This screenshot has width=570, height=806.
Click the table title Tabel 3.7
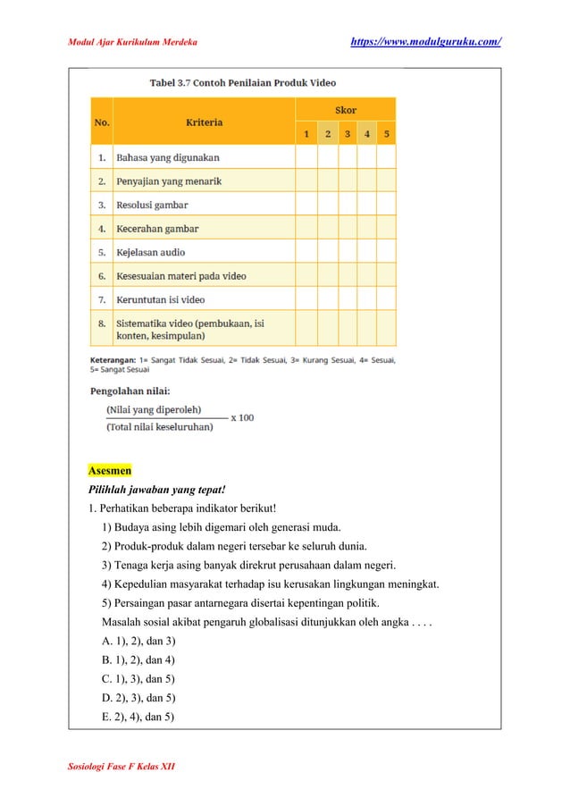tap(241, 83)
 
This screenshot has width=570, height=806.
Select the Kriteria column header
tap(204, 122)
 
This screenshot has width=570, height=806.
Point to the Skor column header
tap(345, 110)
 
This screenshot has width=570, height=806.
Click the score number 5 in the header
tap(386, 134)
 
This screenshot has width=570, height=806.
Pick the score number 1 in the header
tap(306, 134)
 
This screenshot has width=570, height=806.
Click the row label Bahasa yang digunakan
tap(167, 157)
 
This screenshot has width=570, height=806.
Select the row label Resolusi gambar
tap(152, 205)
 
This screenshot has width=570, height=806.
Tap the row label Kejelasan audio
tap(151, 252)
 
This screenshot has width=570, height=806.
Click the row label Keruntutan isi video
tap(160, 299)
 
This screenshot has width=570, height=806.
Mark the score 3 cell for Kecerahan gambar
tap(347, 229)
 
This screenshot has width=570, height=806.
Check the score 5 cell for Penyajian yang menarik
tap(386, 181)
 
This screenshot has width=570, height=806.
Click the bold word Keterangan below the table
tap(113, 360)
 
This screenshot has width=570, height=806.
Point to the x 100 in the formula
tap(242, 417)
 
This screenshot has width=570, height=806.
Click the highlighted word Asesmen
tap(109, 470)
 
